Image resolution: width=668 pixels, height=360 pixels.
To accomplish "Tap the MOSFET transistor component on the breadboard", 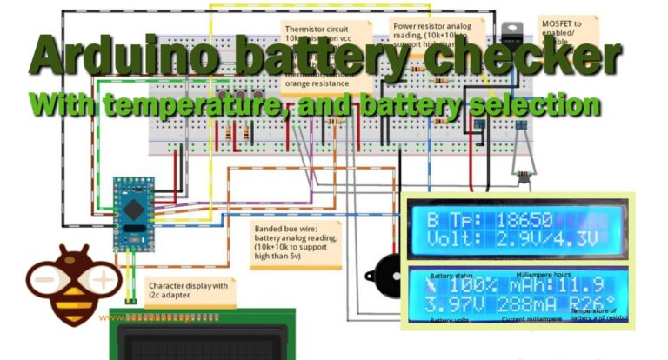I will [509, 35].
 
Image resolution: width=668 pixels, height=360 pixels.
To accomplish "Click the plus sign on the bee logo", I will [104, 280].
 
